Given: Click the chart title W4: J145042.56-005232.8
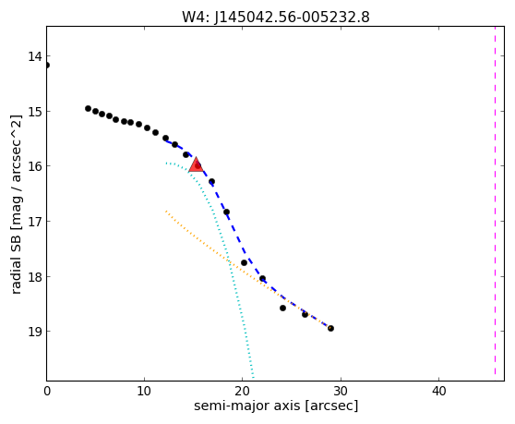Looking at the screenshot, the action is tap(276, 17).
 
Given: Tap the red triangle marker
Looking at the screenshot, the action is tap(196, 165).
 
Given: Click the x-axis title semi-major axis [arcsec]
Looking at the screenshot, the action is tap(276, 406).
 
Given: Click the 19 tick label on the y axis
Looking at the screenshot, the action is tap(35, 332).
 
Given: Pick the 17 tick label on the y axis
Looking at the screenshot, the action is tap(35, 221).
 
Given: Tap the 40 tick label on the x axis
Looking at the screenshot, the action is tap(438, 391).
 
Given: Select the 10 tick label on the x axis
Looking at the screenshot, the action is tap(144, 391).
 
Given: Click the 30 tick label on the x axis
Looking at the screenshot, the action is tap(341, 391).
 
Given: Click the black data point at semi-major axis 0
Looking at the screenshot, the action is tap(47, 65).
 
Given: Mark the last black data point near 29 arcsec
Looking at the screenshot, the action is tap(330, 328).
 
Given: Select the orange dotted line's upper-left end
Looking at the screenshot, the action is tap(166, 211).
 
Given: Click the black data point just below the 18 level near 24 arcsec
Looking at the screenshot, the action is tap(282, 308).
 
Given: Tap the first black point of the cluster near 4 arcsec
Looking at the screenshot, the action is tap(88, 108).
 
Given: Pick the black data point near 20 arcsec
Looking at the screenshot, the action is tap(244, 262).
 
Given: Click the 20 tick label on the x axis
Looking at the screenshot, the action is tap(242, 391).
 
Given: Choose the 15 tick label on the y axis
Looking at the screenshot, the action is tap(35, 112).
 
